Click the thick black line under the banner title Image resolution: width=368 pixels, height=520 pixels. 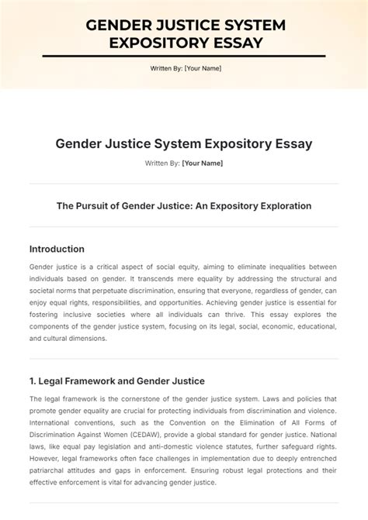pos(183,57)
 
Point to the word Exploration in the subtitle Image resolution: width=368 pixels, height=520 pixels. pos(283,206)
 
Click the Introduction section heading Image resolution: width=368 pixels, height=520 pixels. pos(57,249)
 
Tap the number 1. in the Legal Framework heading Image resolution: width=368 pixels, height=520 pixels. pos(33,381)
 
